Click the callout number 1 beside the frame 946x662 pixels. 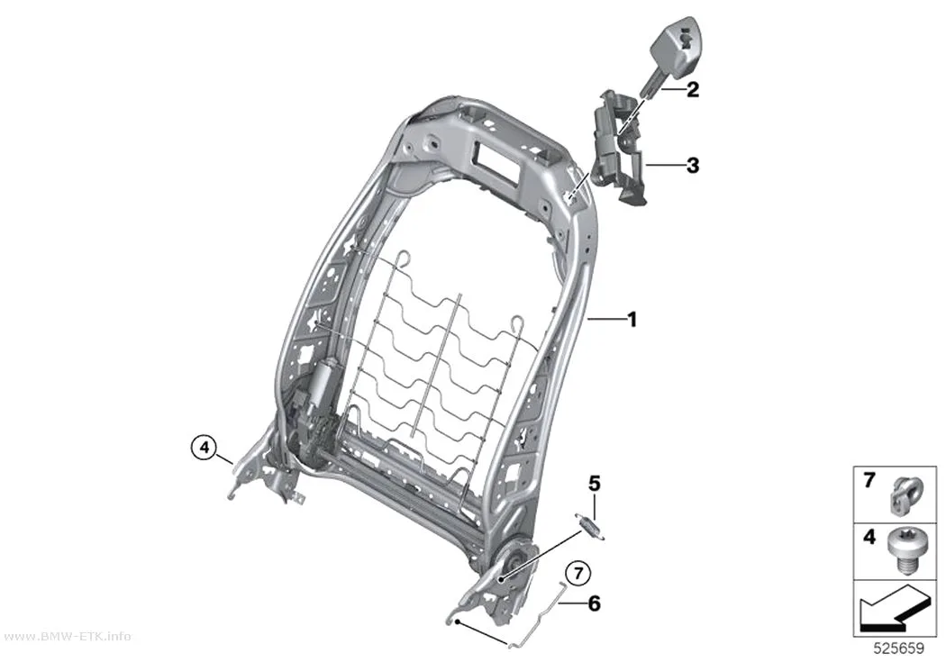tap(632, 320)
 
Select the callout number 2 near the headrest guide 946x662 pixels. tap(693, 90)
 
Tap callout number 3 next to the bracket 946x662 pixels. tap(693, 165)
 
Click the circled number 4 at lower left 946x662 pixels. tap(204, 448)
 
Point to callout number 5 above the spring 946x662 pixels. tap(595, 484)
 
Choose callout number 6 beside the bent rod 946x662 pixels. tap(595, 603)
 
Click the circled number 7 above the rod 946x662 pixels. tap(578, 573)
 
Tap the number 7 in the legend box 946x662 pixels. tap(869, 481)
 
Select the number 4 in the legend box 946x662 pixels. tap(869, 537)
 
